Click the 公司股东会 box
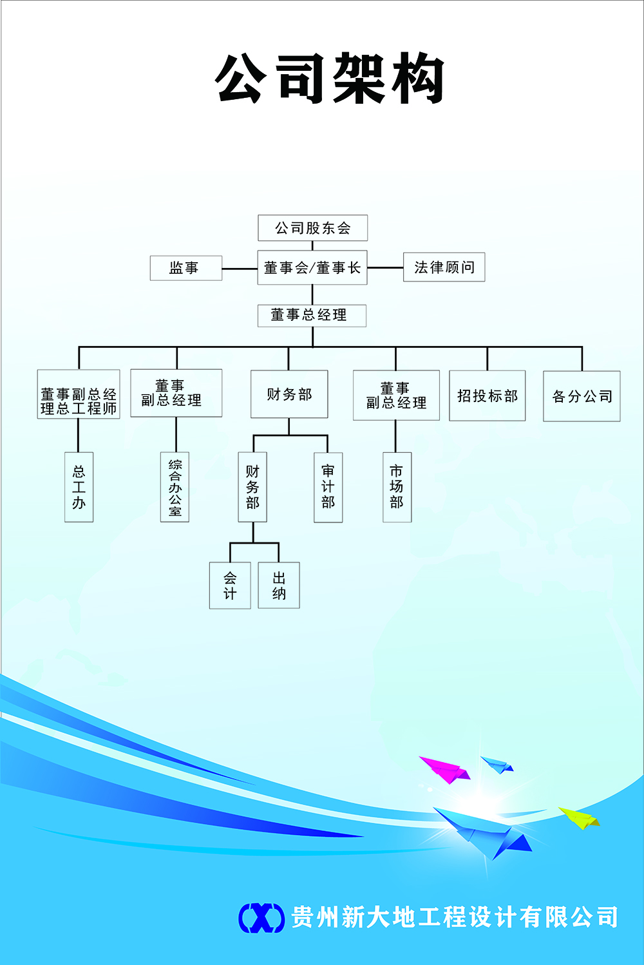click(312, 228)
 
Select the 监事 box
click(185, 268)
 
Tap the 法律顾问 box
click(444, 267)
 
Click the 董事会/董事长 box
click(312, 267)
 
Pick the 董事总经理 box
click(312, 315)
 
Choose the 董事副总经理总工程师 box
click(79, 394)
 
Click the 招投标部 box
click(487, 396)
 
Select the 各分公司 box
click(582, 396)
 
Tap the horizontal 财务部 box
click(289, 394)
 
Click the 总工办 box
click(79, 487)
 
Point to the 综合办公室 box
click(175, 487)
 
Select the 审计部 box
click(328, 487)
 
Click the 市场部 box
click(397, 487)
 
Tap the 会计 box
click(230, 586)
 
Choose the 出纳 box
click(279, 586)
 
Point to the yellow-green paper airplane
click(579, 817)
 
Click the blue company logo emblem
click(261, 917)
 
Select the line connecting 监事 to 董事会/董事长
click(240, 269)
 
